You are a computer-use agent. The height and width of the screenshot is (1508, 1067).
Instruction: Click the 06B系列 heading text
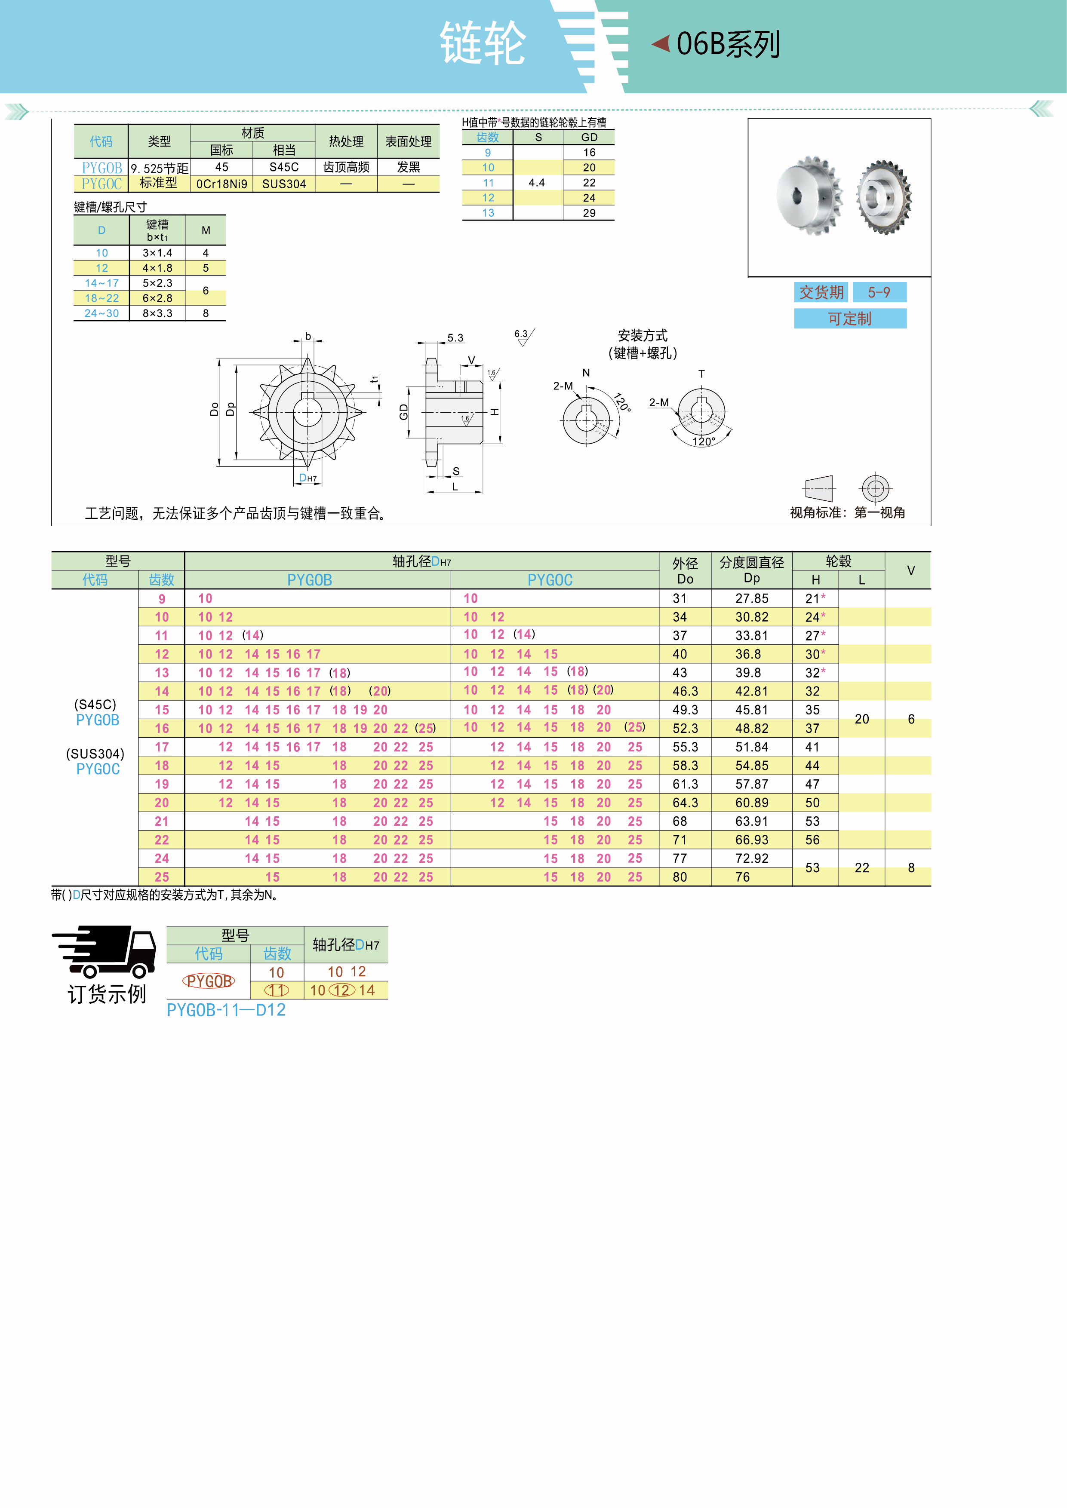[728, 44]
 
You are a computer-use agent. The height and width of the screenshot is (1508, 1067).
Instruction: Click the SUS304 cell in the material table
[284, 184]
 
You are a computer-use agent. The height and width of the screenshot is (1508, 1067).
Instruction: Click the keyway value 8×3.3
[158, 313]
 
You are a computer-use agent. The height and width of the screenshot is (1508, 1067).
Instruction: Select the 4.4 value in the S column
[537, 183]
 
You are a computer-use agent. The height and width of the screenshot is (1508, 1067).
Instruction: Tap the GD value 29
[589, 213]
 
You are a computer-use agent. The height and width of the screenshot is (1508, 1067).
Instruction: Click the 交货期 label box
[821, 292]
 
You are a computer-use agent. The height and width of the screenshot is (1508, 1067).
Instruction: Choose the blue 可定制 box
[850, 319]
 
